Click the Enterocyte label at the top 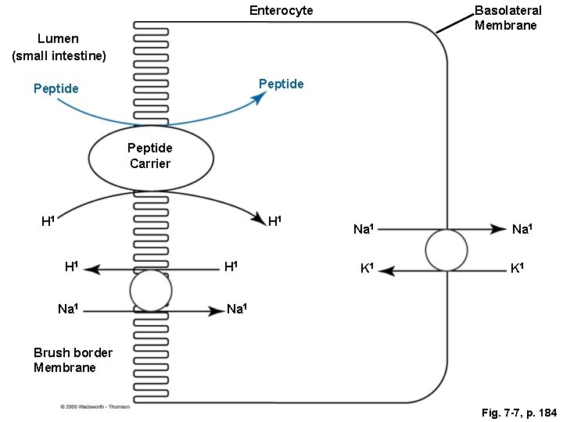[x=281, y=10]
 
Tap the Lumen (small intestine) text [x=59, y=47]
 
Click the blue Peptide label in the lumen [x=56, y=88]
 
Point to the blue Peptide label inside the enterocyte [x=281, y=84]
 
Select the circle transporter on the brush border [x=151, y=291]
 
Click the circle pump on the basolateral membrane [x=446, y=250]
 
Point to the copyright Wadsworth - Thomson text [x=95, y=406]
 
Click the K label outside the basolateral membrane [x=518, y=270]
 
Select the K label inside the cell [x=366, y=270]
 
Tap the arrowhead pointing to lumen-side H [x=91, y=270]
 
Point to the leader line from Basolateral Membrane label [x=452, y=26]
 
